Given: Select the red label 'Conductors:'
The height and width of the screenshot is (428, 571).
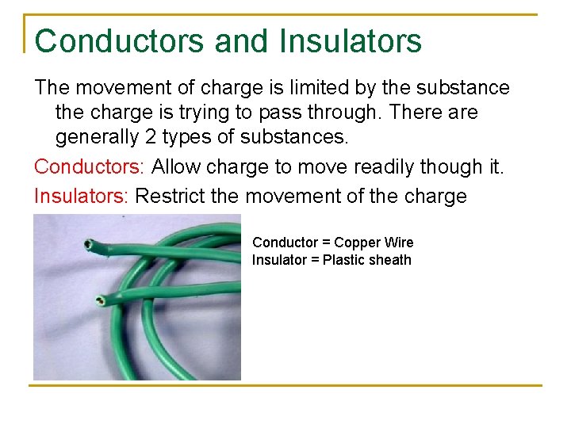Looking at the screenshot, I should click(x=90, y=166).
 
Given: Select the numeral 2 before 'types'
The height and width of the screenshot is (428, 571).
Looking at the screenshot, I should click(x=152, y=137).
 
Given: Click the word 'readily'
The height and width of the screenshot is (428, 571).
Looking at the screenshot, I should click(x=384, y=166).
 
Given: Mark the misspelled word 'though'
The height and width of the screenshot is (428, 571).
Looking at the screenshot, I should click(x=454, y=166).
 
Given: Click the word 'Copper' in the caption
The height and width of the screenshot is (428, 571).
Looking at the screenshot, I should click(x=360, y=243).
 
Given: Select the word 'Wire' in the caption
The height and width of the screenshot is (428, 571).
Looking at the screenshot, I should click(x=400, y=243).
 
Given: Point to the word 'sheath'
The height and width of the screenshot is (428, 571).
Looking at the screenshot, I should click(x=390, y=260).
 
